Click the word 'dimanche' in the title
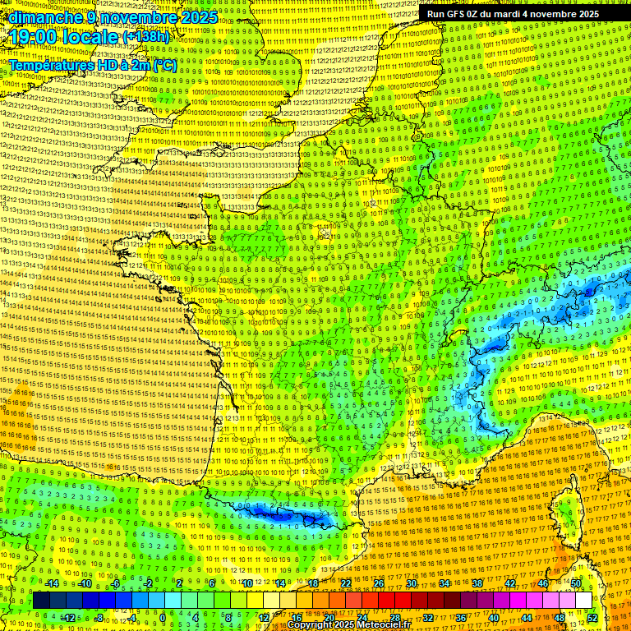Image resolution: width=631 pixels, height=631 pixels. point(45,16)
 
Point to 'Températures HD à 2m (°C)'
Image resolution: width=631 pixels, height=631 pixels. point(92,64)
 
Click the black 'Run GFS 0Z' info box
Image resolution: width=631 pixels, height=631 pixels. point(513,14)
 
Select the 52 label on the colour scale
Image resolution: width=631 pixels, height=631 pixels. point(592,617)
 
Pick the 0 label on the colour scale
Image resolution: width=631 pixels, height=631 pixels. point(162,617)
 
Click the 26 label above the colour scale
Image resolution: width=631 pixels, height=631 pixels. point(378,583)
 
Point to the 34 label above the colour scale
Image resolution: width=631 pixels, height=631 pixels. point(444,583)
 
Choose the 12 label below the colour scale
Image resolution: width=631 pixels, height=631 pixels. point(264,617)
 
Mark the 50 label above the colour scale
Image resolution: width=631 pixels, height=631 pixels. point(576,583)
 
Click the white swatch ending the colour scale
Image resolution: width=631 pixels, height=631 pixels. point(583,601)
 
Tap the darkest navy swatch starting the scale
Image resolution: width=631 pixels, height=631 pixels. point(42,601)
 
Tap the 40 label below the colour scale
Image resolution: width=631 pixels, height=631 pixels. point(493,617)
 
